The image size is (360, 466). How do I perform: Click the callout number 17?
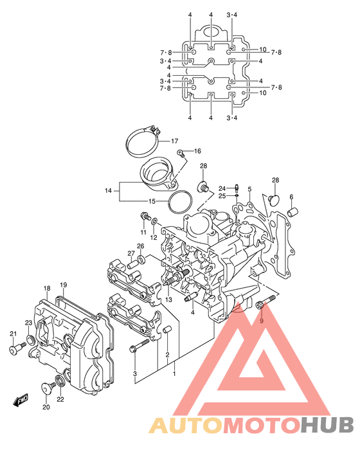click(174, 141)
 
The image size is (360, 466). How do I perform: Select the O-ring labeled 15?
click(179, 202)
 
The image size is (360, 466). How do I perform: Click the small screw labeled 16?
click(181, 153)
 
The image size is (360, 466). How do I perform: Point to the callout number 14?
click(108, 191)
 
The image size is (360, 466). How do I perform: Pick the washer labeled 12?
click(154, 221)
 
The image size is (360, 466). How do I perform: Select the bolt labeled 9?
click(265, 301)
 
